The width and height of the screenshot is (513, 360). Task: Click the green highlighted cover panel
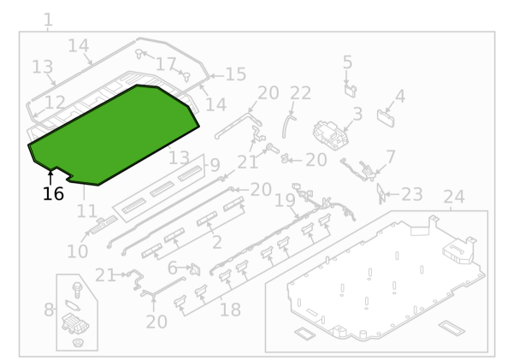click(x=114, y=135)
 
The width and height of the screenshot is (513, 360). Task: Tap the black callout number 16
click(x=53, y=194)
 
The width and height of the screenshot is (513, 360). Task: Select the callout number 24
click(x=454, y=197)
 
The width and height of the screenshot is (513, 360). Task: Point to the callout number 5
click(x=347, y=62)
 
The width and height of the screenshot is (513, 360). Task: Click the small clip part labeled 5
click(x=351, y=91)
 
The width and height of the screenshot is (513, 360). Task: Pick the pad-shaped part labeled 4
click(x=386, y=118)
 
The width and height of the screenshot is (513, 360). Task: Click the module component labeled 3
click(x=330, y=135)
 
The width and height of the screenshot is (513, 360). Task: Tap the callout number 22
click(x=300, y=93)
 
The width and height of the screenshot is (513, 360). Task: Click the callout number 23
click(x=412, y=194)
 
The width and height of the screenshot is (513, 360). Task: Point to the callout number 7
click(x=391, y=156)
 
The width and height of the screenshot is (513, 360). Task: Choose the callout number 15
click(x=236, y=74)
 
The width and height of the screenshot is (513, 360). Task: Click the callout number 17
click(x=166, y=64)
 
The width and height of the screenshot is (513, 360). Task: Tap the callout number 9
click(x=215, y=165)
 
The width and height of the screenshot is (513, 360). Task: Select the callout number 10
click(x=78, y=251)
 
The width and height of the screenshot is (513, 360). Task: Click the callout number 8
click(x=49, y=310)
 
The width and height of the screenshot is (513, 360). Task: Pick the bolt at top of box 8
click(x=77, y=290)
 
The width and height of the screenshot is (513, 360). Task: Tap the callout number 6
click(x=173, y=269)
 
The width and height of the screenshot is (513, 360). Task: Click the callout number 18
click(x=230, y=310)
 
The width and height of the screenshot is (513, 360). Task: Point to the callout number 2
click(x=217, y=243)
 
